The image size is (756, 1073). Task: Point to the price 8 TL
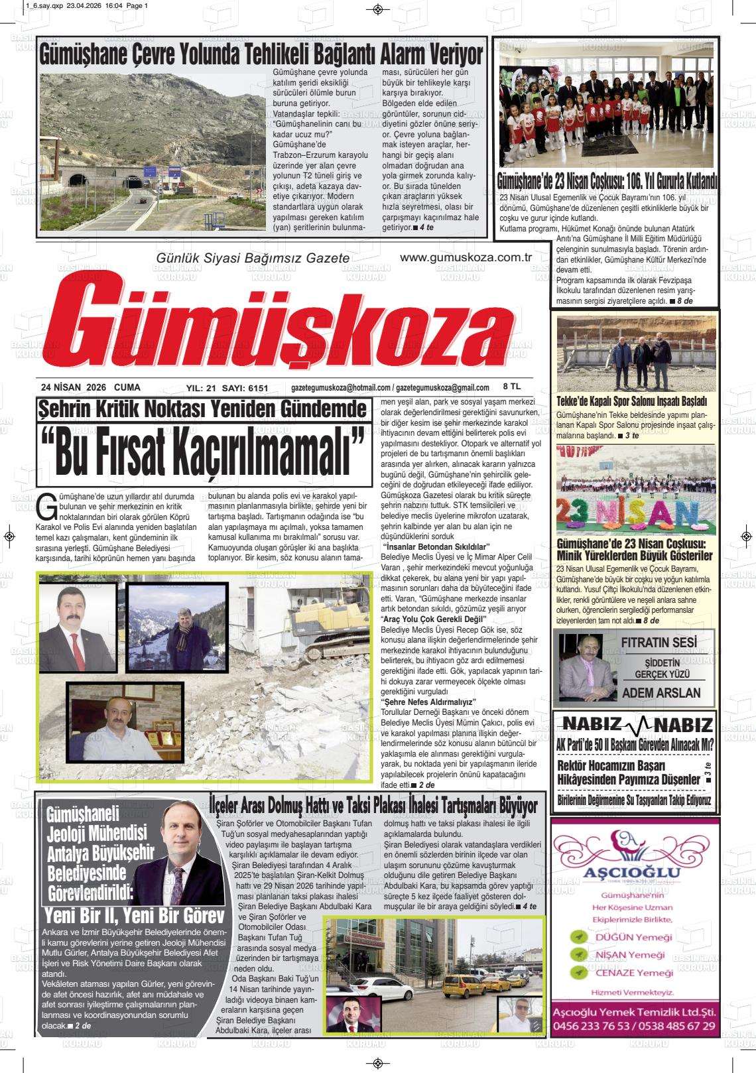(x=511, y=386)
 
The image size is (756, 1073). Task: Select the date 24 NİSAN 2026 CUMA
(x=90, y=387)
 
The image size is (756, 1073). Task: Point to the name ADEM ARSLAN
(x=661, y=692)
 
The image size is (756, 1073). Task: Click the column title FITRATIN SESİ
(x=659, y=643)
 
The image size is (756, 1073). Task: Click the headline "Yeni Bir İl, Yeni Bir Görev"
(x=133, y=916)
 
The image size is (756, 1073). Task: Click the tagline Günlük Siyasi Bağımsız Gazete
(x=252, y=257)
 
